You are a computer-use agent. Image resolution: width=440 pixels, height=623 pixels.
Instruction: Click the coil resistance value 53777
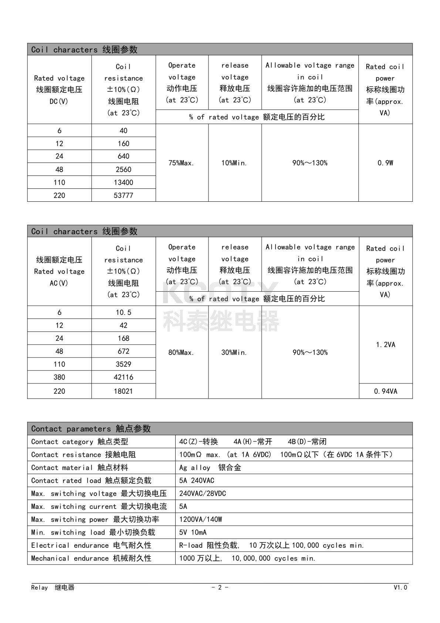123,195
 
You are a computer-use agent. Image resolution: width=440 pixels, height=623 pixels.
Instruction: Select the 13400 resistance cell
123,182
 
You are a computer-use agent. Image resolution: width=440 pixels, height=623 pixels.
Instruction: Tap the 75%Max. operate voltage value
181,163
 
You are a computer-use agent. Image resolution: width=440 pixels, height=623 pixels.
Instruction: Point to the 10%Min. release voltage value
234,163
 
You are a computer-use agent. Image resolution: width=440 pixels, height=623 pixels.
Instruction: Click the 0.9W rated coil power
385,163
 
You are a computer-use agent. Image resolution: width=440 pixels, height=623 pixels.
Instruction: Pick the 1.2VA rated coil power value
386,345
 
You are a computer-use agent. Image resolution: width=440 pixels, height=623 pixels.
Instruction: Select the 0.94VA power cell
386,391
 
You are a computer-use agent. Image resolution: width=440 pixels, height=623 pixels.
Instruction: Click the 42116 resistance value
123,377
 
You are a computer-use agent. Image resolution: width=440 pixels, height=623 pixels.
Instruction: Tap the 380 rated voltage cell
59,377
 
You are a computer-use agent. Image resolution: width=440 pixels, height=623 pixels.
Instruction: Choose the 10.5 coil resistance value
123,312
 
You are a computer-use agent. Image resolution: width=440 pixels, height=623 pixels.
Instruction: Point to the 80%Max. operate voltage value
181,352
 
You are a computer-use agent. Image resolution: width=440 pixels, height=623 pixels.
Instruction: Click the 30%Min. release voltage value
234,352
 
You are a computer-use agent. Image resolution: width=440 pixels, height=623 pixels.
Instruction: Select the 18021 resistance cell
123,391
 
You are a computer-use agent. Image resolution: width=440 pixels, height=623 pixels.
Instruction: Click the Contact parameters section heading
91,429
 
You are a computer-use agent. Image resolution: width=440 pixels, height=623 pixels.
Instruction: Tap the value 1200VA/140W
201,519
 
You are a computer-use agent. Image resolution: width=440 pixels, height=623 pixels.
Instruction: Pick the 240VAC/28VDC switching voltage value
203,493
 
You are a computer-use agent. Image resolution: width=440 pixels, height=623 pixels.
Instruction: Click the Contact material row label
80,468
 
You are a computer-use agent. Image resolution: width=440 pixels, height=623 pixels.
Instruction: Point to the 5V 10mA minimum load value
193,532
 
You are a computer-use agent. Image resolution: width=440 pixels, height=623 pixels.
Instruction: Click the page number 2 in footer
220,587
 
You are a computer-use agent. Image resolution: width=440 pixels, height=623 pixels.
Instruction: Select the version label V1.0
400,587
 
